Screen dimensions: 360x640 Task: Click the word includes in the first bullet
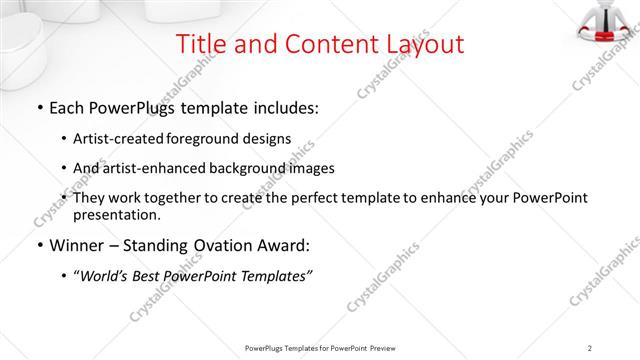tap(283, 107)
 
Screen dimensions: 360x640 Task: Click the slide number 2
tap(590, 347)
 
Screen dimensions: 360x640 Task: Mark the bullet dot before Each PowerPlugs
tap(38, 108)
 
